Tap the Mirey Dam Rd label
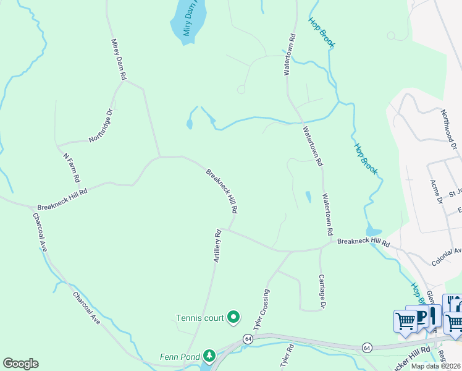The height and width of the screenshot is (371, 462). tap(119, 60)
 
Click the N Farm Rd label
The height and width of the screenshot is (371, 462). tap(72, 167)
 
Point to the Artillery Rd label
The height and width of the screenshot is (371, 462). tap(217, 246)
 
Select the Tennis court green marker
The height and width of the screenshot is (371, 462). tap(233, 318)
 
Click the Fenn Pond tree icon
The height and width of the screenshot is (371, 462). tap(210, 356)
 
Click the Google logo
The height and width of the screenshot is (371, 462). tap(20, 364)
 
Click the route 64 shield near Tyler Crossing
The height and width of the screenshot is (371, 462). tap(248, 339)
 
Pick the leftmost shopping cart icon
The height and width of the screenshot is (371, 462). tap(406, 320)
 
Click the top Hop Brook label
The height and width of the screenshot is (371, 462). tap(321, 33)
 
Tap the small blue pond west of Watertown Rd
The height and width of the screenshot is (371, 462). tap(308, 197)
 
